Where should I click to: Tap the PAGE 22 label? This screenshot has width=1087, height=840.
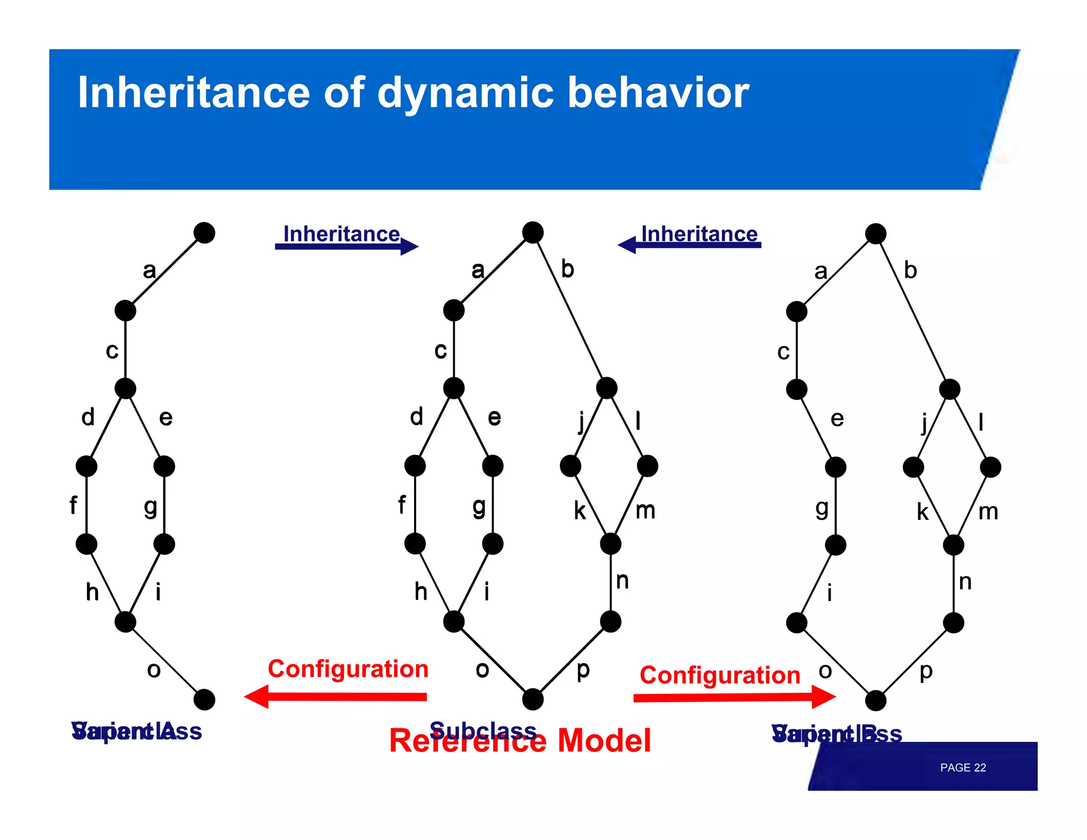click(962, 768)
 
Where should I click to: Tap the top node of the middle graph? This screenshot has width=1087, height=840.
click(532, 232)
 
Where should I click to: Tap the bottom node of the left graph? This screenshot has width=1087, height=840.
click(204, 699)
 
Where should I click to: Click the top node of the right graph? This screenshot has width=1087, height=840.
click(875, 233)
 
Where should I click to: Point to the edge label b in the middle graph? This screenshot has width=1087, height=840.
click(567, 269)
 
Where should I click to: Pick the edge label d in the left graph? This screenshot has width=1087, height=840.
click(88, 417)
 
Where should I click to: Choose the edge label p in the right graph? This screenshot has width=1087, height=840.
click(926, 671)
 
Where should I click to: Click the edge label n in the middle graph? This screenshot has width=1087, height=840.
click(622, 581)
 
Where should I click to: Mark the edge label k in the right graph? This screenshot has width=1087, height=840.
click(922, 512)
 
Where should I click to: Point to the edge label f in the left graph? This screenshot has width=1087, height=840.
click(73, 505)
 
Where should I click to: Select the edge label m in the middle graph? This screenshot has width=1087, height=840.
click(645, 511)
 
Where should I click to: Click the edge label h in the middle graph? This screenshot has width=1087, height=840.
click(420, 592)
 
